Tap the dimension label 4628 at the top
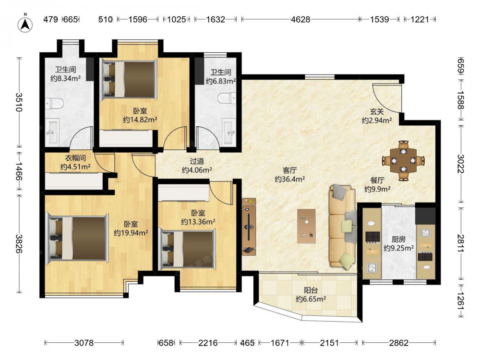pos(300,19)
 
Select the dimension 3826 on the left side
pos(19,244)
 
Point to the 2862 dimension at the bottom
pos(398,343)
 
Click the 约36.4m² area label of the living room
pos(289,179)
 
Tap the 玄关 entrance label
pos(377,111)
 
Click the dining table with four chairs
pos(404,160)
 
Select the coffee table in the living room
pos(306,226)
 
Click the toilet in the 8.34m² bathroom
pos(55,104)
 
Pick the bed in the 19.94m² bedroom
pos(77,238)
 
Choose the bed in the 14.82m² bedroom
pos(129,80)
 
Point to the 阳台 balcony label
pos(311,290)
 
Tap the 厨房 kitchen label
pos(398,239)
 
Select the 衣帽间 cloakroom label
pos(75,158)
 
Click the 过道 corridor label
pos(197,161)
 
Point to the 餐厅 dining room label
pos(377,180)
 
